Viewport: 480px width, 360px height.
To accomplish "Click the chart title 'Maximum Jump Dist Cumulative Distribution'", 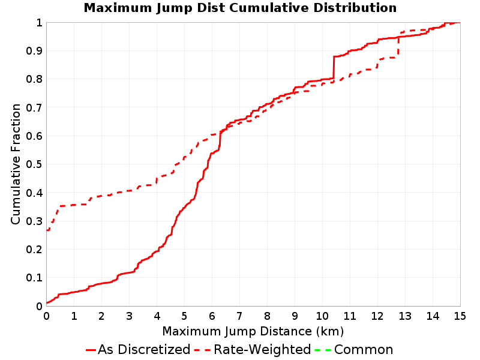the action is coord(240,8).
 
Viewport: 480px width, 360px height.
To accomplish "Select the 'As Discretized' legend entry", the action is coord(138,349).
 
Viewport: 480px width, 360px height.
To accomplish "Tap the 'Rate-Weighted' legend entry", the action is coord(253,349).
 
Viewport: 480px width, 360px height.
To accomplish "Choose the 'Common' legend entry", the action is coord(354,349).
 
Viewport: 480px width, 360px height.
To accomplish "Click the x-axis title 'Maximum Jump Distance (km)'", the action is coord(253,331).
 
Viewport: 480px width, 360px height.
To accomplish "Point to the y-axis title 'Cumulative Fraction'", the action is coord(16,164).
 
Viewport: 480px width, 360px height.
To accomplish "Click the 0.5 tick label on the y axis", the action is coord(34,164).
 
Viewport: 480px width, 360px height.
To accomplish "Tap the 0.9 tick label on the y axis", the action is coord(34,51).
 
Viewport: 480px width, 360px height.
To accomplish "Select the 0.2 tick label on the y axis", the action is coord(34,250).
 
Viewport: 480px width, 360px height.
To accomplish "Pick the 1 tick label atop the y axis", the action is coord(39,23).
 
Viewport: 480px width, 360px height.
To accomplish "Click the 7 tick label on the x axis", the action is coord(239,316).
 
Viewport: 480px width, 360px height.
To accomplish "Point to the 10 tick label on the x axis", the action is coord(322,316).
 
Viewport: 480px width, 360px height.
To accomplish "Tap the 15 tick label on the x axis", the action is coord(460,316).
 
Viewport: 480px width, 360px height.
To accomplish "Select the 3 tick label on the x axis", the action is coord(129,316).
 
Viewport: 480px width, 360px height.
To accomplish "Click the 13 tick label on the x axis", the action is coord(405,316).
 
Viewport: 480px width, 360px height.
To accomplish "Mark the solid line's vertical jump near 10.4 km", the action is coord(334,67).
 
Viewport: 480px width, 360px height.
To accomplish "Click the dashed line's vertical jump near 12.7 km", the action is coord(398,46).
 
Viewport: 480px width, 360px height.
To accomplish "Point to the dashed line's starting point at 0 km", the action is coord(47,230).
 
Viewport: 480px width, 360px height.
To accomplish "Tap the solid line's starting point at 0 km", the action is coord(47,303).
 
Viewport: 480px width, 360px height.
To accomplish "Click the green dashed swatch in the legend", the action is coord(323,350).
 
